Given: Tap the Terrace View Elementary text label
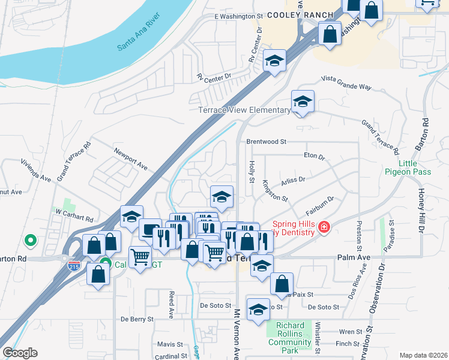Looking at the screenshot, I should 244,110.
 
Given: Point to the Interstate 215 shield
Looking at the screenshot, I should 74,264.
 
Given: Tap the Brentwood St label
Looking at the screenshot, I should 267,142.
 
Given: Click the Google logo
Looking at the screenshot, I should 20,353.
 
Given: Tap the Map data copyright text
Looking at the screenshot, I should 423,355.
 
